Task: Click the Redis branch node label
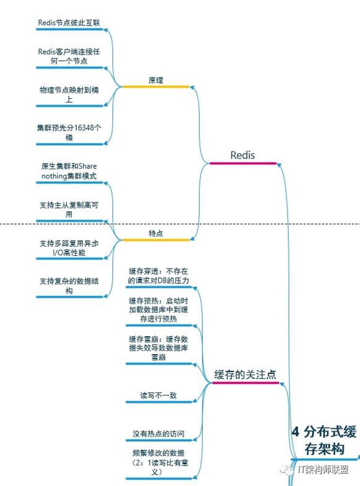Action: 243,155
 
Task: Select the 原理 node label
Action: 156,80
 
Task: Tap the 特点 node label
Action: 156,233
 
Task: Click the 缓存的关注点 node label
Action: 245,374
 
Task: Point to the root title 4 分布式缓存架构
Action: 324,440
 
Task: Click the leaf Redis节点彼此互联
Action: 69,23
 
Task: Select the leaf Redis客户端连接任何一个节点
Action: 69,56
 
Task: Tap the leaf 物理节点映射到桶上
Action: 69,94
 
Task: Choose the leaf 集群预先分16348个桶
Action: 69,132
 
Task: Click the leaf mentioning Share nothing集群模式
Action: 69,171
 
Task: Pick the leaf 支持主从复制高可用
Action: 69,210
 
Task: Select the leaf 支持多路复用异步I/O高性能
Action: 69,248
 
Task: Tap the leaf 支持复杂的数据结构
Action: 69,286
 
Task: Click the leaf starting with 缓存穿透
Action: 158,276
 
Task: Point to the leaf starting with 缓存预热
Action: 158,310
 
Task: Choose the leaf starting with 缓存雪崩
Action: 158,348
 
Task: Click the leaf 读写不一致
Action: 158,395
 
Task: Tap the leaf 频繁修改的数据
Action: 158,462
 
